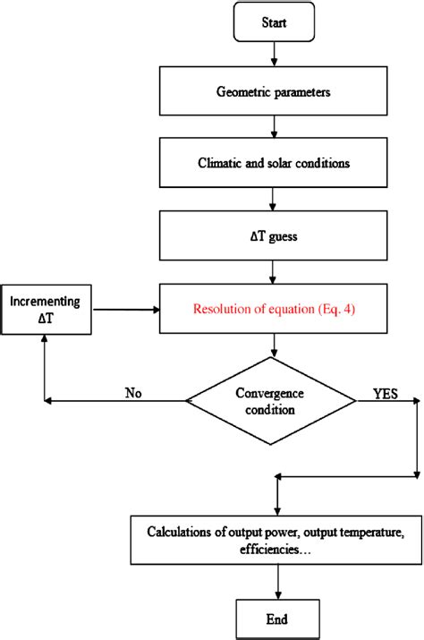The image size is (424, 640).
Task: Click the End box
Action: (278, 619)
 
